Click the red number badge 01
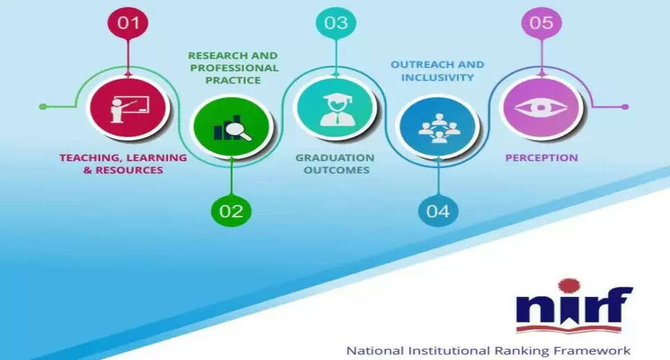[128, 22]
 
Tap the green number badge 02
[231, 210]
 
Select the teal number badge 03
[336, 22]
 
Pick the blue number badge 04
[438, 210]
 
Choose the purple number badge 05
[541, 22]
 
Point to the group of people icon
[439, 128]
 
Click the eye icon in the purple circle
[541, 108]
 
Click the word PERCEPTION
[541, 158]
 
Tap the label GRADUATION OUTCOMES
[335, 164]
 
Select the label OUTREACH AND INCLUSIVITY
[437, 71]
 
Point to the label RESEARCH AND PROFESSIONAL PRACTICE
[233, 68]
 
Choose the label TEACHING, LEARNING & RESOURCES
[123, 164]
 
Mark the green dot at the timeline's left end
[43, 107]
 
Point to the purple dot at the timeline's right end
[625, 107]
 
